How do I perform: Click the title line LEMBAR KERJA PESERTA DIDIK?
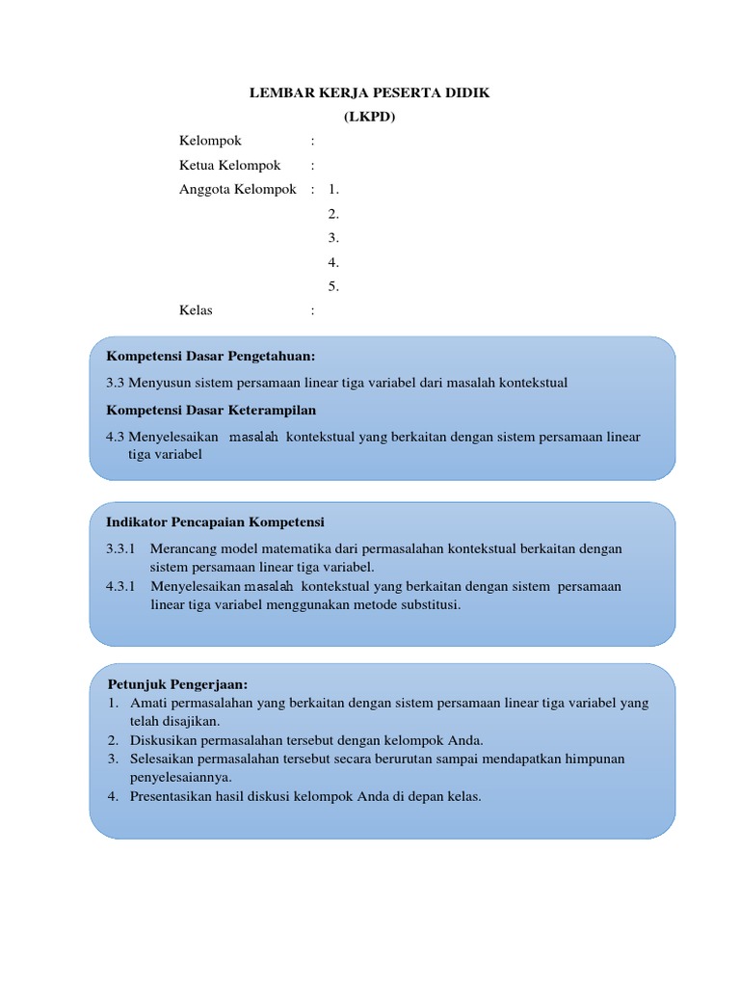pyautogui.click(x=370, y=93)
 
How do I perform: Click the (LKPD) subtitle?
pyautogui.click(x=370, y=117)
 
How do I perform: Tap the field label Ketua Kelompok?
pyautogui.click(x=230, y=165)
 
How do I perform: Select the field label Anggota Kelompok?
pyautogui.click(x=237, y=189)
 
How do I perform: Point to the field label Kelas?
pyautogui.click(x=196, y=310)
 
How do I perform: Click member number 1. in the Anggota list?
pyautogui.click(x=333, y=189)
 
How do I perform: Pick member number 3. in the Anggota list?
pyautogui.click(x=333, y=237)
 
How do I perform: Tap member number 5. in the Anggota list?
pyautogui.click(x=333, y=286)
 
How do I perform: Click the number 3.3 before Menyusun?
pyautogui.click(x=116, y=383)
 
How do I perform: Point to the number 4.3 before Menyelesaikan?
pyautogui.click(x=116, y=437)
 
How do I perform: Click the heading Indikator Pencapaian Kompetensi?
pyautogui.click(x=215, y=521)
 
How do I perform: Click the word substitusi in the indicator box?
pyautogui.click(x=429, y=605)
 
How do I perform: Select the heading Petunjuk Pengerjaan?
pyautogui.click(x=178, y=684)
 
